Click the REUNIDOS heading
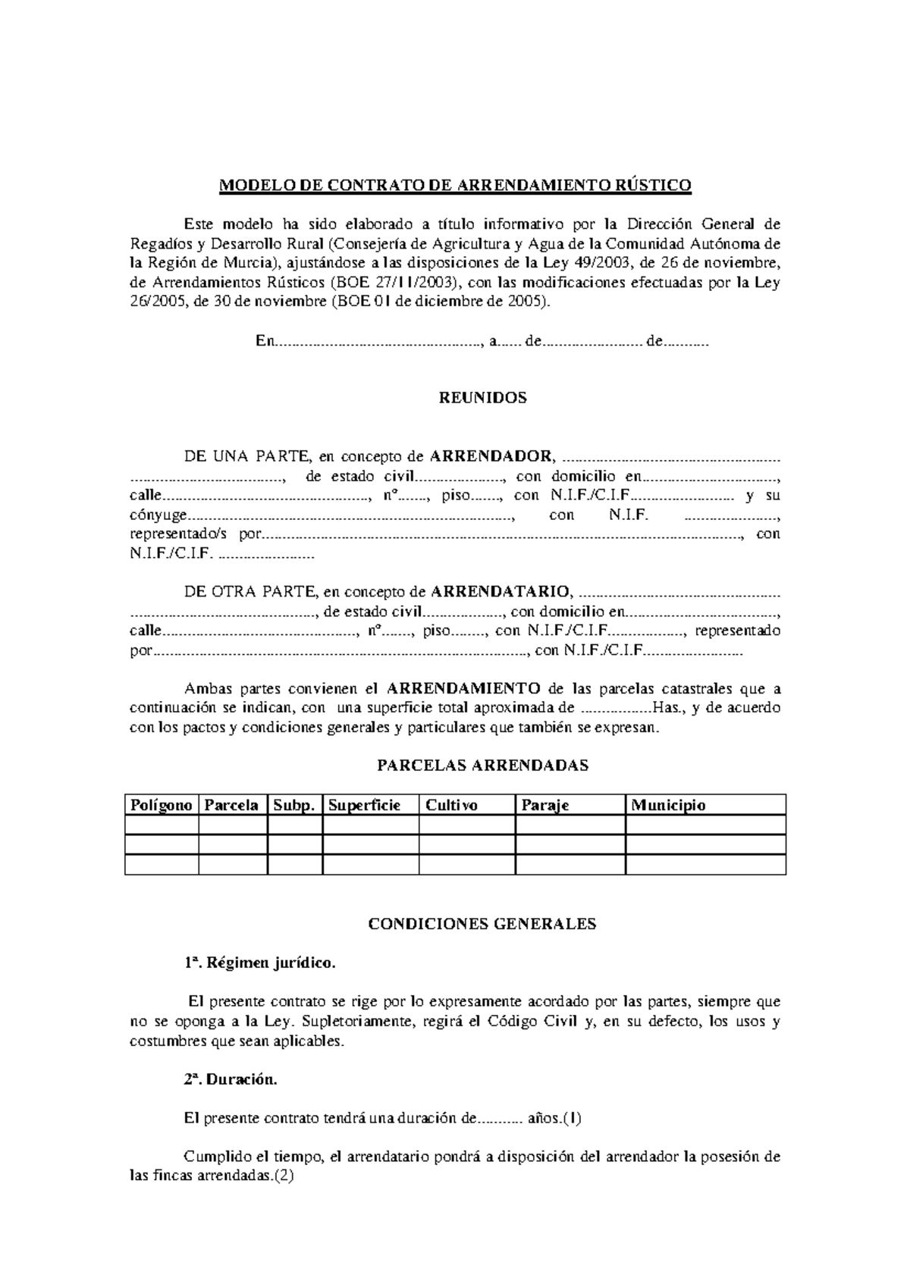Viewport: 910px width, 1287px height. click(483, 398)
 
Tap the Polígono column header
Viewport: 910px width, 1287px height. click(161, 805)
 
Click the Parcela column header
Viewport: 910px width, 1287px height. click(232, 805)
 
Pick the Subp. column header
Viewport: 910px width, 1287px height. click(294, 805)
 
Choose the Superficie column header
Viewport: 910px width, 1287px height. click(364, 805)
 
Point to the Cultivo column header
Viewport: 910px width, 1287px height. click(452, 805)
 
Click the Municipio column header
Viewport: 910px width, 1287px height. click(668, 805)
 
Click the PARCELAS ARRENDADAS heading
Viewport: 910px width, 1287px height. click(483, 766)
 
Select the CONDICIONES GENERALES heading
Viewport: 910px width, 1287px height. click(482, 924)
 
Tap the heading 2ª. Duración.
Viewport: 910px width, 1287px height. click(231, 1080)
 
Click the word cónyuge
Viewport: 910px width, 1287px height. click(158, 515)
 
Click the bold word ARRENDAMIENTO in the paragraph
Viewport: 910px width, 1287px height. click(463, 689)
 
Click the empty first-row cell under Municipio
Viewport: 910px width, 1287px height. click(705, 825)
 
